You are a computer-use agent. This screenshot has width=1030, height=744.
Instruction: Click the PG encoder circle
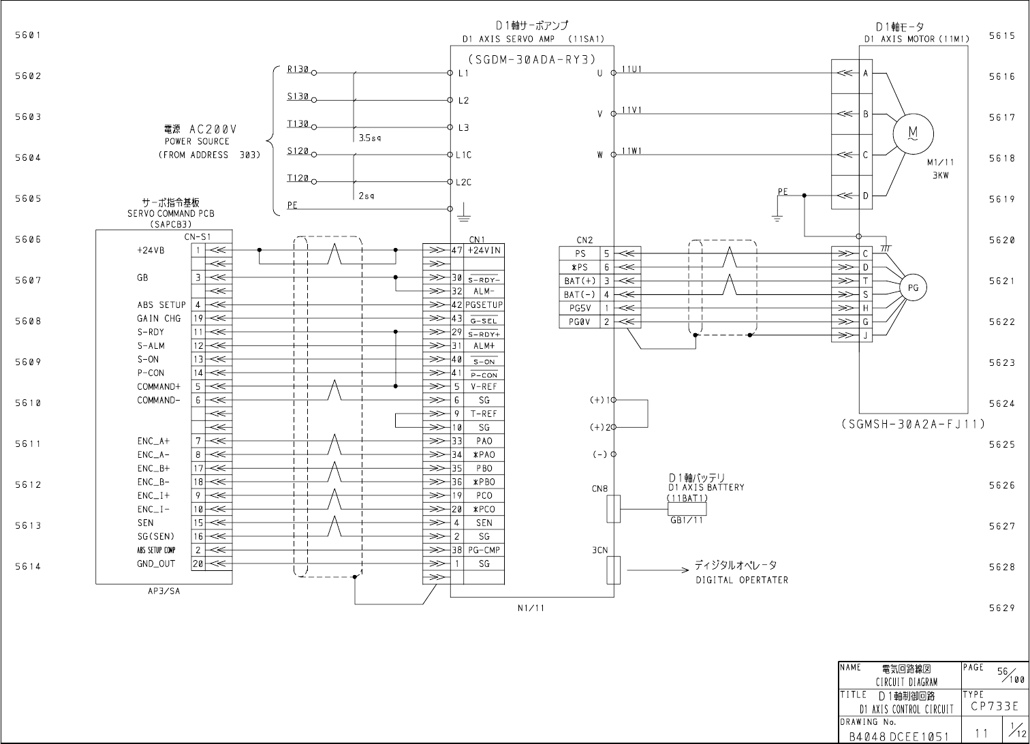[913, 288]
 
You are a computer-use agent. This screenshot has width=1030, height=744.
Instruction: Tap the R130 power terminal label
[298, 69]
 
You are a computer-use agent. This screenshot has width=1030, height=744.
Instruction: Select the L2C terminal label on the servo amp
[464, 182]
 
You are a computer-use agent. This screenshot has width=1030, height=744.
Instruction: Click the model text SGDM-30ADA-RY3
[531, 59]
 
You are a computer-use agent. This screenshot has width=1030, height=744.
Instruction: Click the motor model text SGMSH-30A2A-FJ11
[913, 424]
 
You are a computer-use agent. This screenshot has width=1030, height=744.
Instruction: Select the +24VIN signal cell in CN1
[484, 251]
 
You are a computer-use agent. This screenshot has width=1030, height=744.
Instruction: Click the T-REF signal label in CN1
[484, 414]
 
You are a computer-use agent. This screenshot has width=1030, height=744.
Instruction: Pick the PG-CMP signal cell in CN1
[484, 551]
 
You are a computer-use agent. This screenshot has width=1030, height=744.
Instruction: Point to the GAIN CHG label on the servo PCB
[159, 319]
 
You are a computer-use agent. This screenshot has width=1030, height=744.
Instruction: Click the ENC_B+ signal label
[153, 469]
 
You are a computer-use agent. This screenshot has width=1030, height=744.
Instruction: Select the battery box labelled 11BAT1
[687, 509]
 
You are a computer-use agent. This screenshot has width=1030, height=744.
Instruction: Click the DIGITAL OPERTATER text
[741, 580]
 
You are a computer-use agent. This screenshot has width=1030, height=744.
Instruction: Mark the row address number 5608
[27, 322]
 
